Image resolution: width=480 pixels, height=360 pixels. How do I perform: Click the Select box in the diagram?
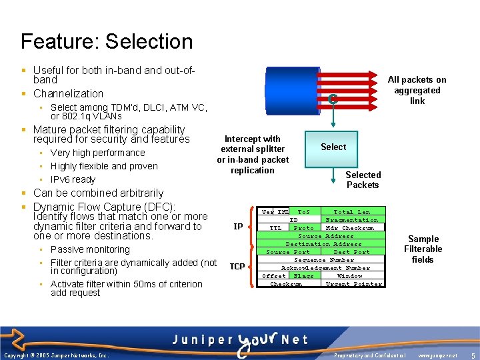coord(333,147)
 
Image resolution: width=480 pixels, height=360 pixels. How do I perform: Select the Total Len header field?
coord(351,212)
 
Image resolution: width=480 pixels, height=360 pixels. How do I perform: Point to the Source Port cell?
coord(288,252)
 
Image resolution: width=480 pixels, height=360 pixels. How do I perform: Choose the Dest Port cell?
coord(351,252)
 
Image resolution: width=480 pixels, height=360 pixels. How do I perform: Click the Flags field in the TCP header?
coord(303,276)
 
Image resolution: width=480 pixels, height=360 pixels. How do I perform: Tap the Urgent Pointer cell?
coord(353,284)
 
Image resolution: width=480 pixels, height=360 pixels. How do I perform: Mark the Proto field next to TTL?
coord(303,228)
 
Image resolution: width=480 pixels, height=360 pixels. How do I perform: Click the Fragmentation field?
coord(351,220)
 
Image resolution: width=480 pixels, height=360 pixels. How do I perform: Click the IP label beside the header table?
coord(238,227)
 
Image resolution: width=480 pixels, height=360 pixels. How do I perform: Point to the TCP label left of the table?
coord(237,267)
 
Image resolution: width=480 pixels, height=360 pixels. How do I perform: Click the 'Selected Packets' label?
coord(363,180)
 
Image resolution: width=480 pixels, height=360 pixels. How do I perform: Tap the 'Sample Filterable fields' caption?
coord(423,249)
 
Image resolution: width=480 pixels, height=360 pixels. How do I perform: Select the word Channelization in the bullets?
coord(68,94)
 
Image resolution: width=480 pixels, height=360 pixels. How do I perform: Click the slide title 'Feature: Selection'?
coord(107,41)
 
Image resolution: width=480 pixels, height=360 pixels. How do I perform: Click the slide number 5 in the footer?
coord(472,355)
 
